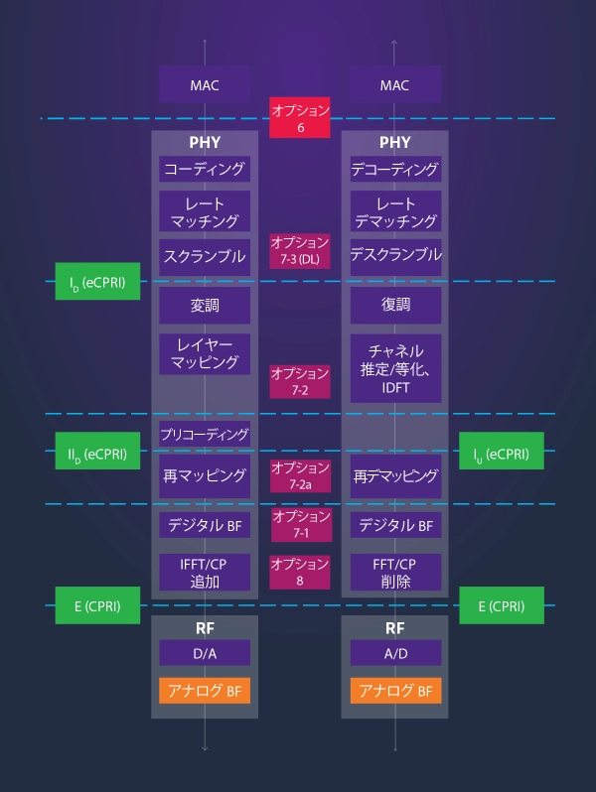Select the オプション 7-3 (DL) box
point(299,251)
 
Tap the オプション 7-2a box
point(299,475)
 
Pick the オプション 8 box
point(299,573)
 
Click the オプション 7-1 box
point(299,524)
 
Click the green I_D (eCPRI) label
point(97,283)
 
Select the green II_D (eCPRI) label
point(97,456)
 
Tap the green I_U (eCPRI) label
point(502,456)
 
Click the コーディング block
point(205,170)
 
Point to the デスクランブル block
point(394,255)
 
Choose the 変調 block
point(205,305)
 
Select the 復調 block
point(394,305)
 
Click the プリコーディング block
point(205,434)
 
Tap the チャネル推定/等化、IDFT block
point(394,368)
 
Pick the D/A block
point(205,653)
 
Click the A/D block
point(394,653)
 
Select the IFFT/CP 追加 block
point(205,573)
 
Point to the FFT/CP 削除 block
point(394,573)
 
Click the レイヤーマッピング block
point(205,353)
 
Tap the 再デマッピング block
point(394,476)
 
